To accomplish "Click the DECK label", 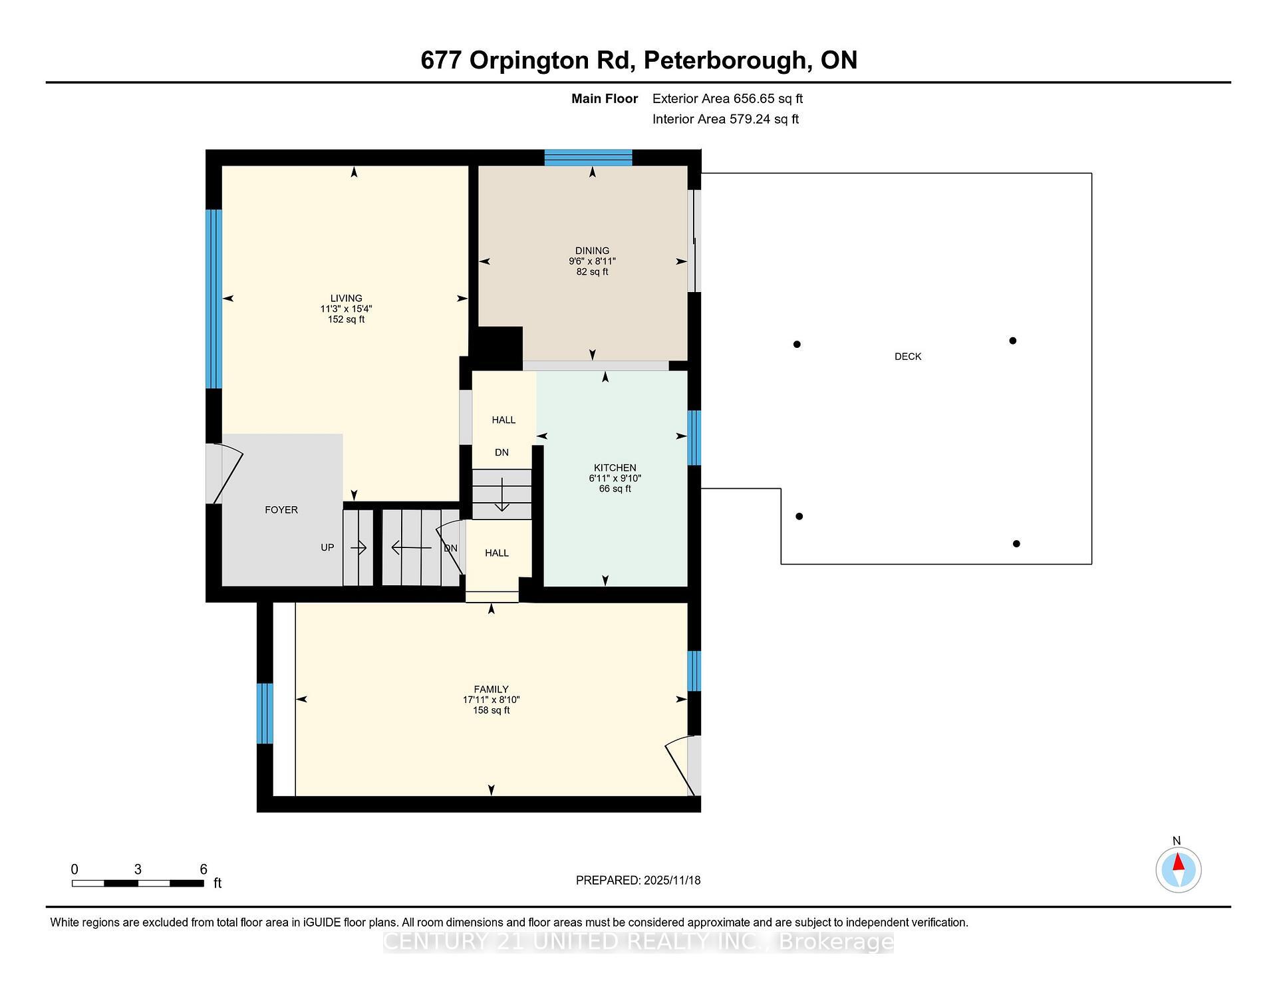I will pos(907,356).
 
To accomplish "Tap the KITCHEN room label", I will pos(615,468).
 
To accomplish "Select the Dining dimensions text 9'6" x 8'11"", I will pos(592,261).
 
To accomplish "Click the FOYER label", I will pos(281,510).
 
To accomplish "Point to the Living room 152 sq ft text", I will pos(346,319).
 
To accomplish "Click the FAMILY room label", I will pos(491,689).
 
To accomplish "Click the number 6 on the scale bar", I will pos(204,869).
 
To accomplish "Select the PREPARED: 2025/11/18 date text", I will pos(638,880).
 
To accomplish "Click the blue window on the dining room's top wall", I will pos(588,158).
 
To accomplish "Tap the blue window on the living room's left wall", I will pos(213,299).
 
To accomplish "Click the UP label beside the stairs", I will pos(327,547).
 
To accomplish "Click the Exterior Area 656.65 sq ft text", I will pos(727,98).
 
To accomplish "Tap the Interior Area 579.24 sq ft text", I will pos(725,119).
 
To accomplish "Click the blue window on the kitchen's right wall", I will pos(694,438).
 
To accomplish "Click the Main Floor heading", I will pos(604,98).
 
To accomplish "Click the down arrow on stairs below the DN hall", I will pos(501,495).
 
